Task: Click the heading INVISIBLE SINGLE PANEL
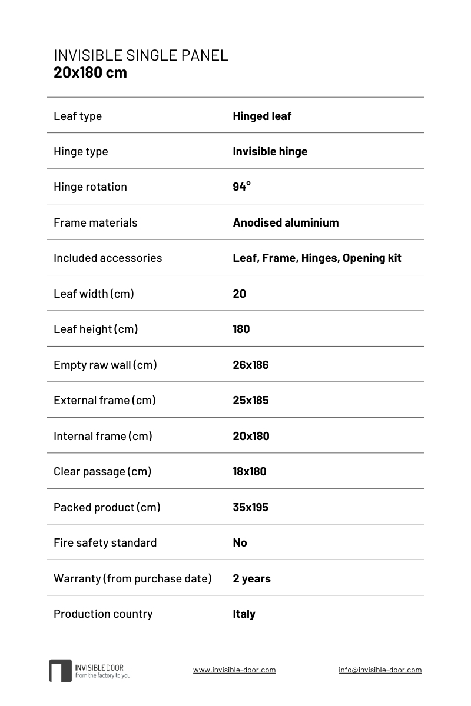click(x=141, y=55)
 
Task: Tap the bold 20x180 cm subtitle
click(x=90, y=73)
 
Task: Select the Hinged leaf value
click(x=262, y=116)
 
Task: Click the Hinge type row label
click(x=81, y=151)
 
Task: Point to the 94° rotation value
click(x=241, y=187)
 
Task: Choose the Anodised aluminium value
click(x=286, y=222)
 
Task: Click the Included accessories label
click(x=108, y=258)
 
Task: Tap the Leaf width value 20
click(x=239, y=294)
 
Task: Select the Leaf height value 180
click(x=241, y=329)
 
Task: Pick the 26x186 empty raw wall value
click(x=250, y=365)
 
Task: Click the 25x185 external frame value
click(x=250, y=400)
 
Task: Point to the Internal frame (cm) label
click(x=103, y=436)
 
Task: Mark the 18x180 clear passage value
click(x=250, y=471)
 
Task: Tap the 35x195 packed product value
click(x=250, y=507)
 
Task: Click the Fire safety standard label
click(x=105, y=542)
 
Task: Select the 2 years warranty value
click(x=251, y=578)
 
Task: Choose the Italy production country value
click(x=244, y=614)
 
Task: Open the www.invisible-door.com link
click(x=234, y=670)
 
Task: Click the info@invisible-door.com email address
click(x=380, y=670)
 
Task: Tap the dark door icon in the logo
click(x=60, y=671)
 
